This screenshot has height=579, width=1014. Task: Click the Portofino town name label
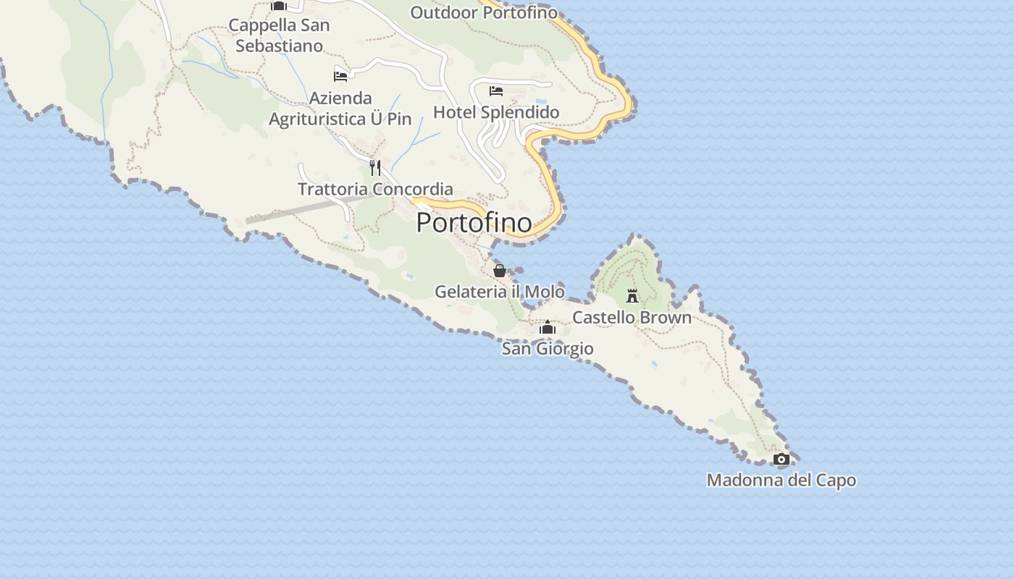[474, 222]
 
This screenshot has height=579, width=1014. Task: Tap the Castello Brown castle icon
[632, 295]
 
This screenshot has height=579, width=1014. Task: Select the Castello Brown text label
[632, 317]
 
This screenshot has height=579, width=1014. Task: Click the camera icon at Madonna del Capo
[781, 459]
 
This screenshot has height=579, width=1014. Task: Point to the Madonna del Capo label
[781, 480]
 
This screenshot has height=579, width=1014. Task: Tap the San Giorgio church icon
[548, 328]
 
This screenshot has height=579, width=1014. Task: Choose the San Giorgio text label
[548, 349]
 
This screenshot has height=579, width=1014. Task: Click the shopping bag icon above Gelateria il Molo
[500, 271]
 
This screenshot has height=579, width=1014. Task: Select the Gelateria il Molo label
[499, 292]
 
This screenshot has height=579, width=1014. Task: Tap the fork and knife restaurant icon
[375, 168]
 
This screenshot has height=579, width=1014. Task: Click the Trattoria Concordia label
[375, 189]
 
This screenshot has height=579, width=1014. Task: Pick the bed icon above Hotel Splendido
[496, 91]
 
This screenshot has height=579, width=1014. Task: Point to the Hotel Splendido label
[496, 112]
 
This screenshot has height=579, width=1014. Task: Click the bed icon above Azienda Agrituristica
[340, 76]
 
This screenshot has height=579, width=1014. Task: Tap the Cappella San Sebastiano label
[279, 35]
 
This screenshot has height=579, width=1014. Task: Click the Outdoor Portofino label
[484, 12]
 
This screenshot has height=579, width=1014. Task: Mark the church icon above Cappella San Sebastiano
[279, 6]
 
